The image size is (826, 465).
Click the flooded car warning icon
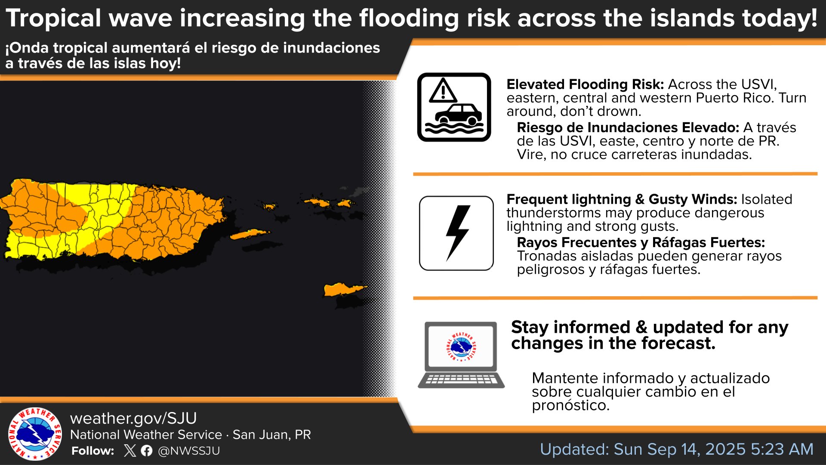point(454,107)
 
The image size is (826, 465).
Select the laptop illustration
point(461,355)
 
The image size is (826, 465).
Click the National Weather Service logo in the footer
point(35,434)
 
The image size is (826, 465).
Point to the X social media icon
point(129,451)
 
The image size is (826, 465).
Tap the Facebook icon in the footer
point(147,451)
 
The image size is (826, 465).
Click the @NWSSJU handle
point(189,451)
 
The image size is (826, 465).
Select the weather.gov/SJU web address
point(133,418)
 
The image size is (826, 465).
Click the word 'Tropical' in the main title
point(54,19)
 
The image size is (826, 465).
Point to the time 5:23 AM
point(782,449)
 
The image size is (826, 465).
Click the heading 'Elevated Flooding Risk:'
point(586,84)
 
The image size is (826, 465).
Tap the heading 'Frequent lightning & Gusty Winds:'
point(622,199)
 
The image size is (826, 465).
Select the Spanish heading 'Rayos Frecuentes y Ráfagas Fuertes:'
point(641,242)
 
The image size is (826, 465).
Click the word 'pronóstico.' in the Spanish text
point(570,406)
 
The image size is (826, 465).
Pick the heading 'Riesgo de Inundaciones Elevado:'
point(628,127)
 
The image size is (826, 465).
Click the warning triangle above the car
point(443,90)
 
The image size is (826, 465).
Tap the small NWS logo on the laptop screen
point(461,347)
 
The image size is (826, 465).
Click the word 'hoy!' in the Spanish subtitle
point(165,63)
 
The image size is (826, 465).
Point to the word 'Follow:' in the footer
point(93,451)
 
